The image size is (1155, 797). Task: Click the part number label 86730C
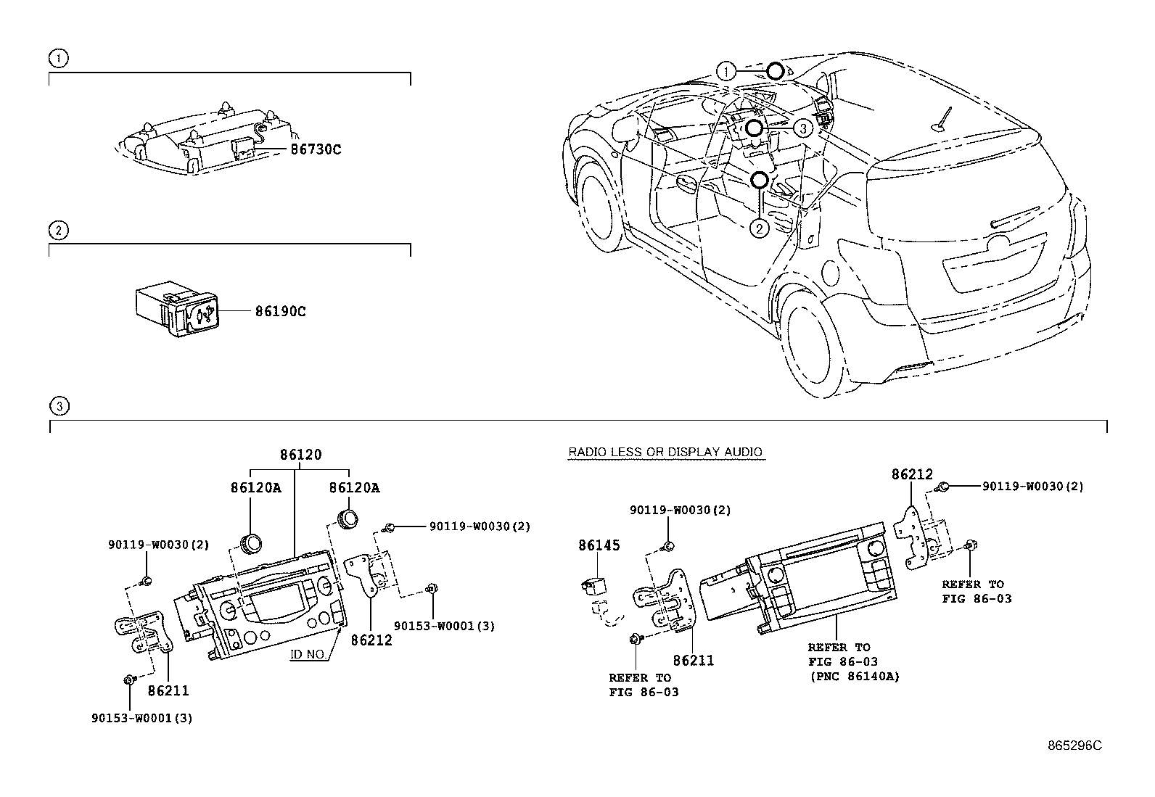tap(315, 150)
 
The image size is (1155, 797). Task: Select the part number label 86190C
tap(279, 312)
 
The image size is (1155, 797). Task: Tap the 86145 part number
tap(599, 545)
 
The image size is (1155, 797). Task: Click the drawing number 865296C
tap(1074, 746)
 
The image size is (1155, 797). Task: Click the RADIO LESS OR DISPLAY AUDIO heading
tap(665, 453)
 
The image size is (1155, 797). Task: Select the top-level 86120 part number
tap(300, 455)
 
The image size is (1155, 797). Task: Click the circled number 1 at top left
tap(58, 58)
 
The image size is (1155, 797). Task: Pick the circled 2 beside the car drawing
tap(758, 229)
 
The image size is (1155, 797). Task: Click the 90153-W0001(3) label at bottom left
tap(142, 718)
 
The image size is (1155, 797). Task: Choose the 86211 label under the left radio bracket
tap(168, 691)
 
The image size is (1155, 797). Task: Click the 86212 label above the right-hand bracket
tap(912, 475)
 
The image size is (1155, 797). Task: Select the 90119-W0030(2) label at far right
tap(1032, 487)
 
